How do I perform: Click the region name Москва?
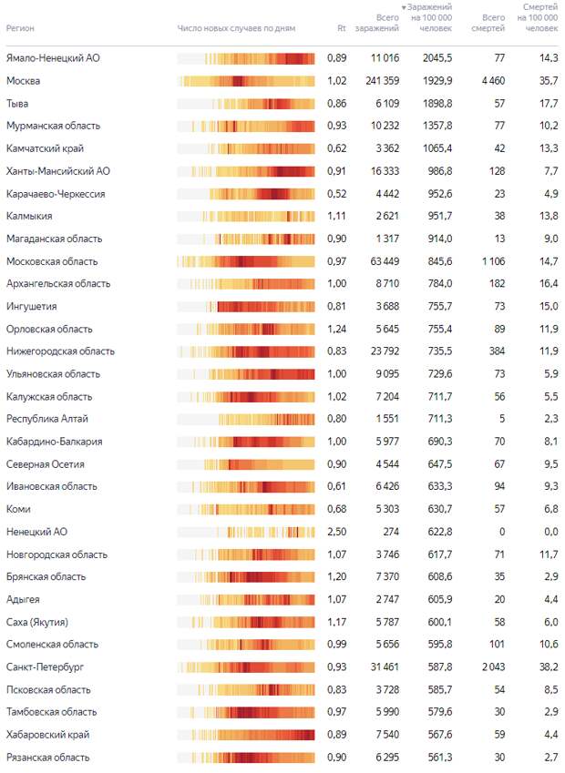[23, 81]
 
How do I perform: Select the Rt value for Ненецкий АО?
[336, 532]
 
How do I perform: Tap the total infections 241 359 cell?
[383, 81]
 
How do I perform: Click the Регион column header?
[20, 28]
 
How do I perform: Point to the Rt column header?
[342, 28]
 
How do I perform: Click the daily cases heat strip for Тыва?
[246, 104]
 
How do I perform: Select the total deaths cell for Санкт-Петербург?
[493, 667]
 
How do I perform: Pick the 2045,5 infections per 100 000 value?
[437, 58]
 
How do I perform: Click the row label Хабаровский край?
[48, 735]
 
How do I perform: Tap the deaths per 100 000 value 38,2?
[549, 667]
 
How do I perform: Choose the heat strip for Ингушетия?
[246, 307]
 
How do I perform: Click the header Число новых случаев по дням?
[236, 28]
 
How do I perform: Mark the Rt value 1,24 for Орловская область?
[336, 329]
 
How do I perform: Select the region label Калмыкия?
[29, 216]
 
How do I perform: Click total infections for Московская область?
[385, 261]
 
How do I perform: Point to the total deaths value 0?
[502, 532]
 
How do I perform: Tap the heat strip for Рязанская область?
[246, 758]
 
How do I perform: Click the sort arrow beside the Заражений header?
[404, 7]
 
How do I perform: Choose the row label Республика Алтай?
[46, 419]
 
